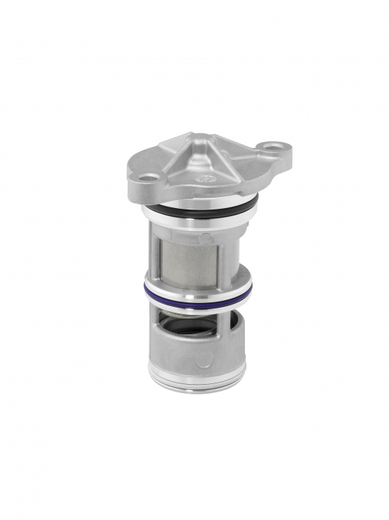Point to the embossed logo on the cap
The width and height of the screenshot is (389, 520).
coord(203,179)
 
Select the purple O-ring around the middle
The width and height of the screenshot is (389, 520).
coord(199,294)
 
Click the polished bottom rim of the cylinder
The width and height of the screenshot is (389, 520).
coord(197,378)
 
